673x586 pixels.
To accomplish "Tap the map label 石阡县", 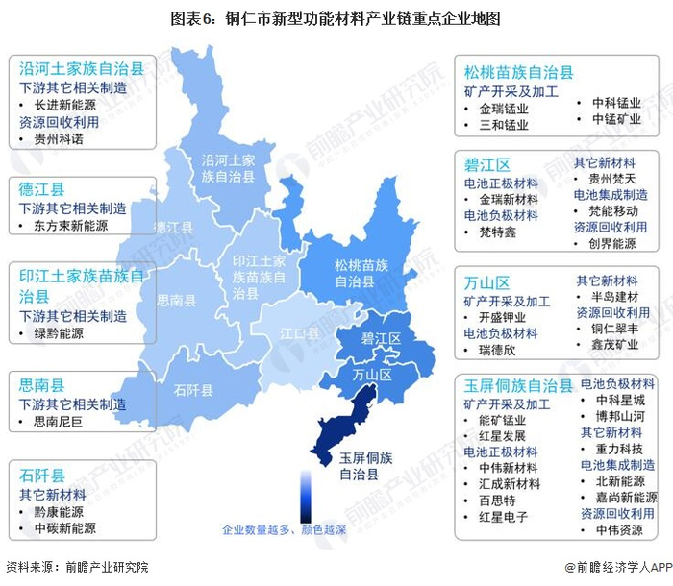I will pos(194,389).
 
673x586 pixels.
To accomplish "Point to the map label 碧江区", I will pos(381,339).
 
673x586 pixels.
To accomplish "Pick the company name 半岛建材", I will pos(615,297).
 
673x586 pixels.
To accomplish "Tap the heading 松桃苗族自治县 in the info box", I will pos(519,72).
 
